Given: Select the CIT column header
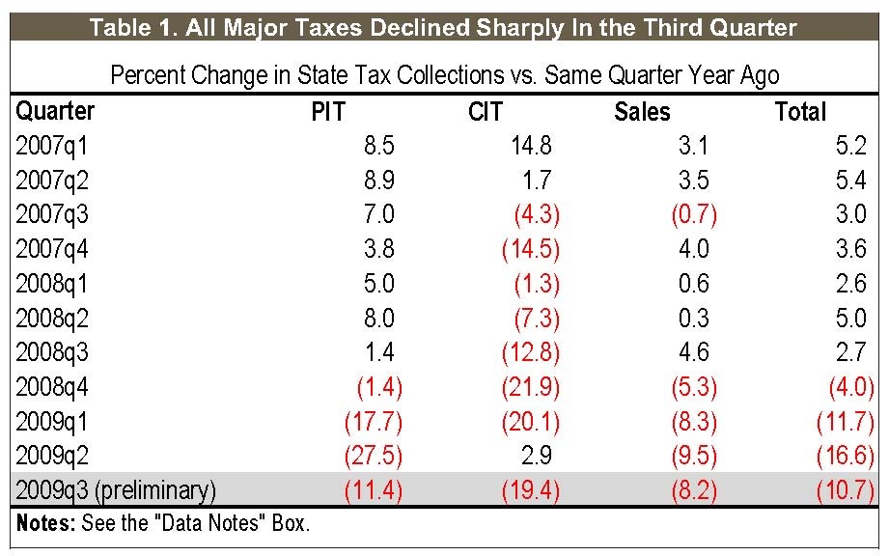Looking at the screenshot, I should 485,112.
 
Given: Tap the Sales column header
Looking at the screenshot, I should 642,112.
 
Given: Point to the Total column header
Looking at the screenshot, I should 801,112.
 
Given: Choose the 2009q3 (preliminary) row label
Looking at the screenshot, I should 116,491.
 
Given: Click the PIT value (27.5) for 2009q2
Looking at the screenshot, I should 373,457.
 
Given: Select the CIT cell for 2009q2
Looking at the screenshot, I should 537,457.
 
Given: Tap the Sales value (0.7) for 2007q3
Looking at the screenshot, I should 693,215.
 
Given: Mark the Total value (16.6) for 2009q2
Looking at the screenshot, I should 850,457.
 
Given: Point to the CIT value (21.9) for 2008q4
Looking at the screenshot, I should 530,388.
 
